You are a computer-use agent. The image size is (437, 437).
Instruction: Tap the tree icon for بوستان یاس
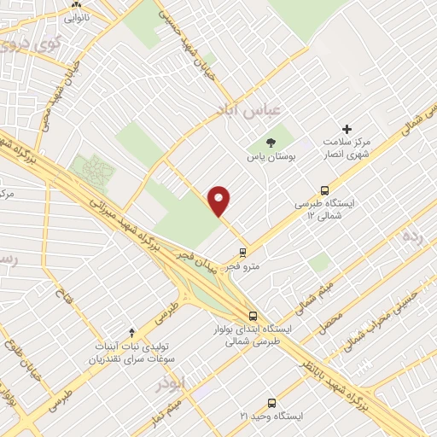[271, 143]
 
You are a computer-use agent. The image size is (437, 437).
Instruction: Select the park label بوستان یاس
[271, 158]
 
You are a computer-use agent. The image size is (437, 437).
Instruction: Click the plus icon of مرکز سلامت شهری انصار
[347, 128]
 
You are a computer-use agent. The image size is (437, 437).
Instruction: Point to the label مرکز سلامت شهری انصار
[346, 148]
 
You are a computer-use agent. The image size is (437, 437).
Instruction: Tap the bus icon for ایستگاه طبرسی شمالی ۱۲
[323, 190]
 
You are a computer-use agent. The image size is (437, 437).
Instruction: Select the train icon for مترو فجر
[242, 253]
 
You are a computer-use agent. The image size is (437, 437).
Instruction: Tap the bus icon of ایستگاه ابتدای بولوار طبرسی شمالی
[251, 314]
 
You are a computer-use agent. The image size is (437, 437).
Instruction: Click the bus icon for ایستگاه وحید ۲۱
[271, 403]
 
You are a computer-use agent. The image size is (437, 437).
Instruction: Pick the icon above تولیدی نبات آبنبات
[131, 331]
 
